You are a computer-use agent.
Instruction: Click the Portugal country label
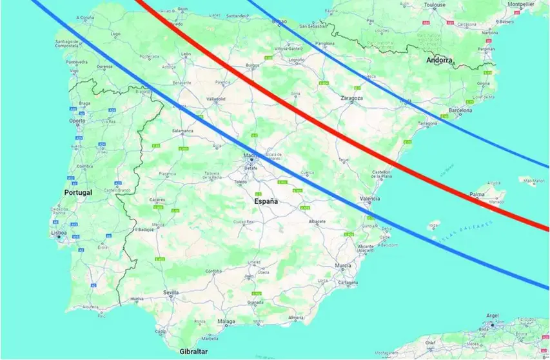coord(79,192)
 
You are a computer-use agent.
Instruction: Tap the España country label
coord(266,202)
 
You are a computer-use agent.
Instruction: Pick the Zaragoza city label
coord(352,99)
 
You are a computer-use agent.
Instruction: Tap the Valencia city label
coord(369,199)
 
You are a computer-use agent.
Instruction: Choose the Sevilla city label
coord(171,292)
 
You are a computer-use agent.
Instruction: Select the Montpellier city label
coord(521,4)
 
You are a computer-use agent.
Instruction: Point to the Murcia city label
coord(343,265)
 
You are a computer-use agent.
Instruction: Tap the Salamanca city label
coord(182,131)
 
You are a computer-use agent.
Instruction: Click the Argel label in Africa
coord(493,315)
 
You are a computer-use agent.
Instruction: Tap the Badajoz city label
coord(146,229)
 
